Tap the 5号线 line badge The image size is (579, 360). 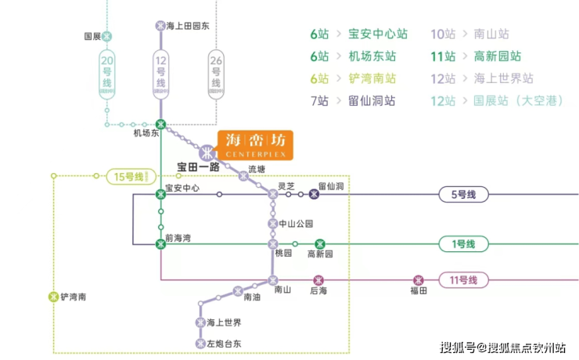[x=464, y=194]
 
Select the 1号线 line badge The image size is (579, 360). [x=464, y=244]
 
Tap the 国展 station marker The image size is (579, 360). [x=107, y=36]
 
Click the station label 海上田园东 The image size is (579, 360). [x=189, y=26]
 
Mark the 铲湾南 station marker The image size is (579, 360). [x=52, y=297]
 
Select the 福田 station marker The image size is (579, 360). [x=419, y=280]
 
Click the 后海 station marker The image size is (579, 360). [x=318, y=280]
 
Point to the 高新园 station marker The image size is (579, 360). [x=319, y=244]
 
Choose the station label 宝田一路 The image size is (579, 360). [x=197, y=167]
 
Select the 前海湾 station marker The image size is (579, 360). [x=160, y=244]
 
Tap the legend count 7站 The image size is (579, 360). [x=319, y=101]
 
